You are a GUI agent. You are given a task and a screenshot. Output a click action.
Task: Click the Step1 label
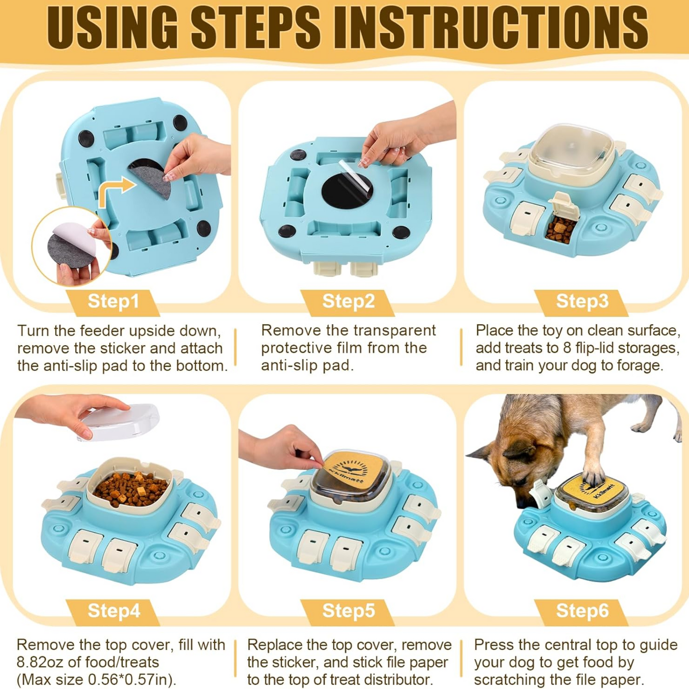coord(113,301)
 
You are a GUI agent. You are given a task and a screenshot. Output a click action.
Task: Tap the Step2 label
coord(348,301)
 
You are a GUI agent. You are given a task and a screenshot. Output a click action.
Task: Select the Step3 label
coord(582,301)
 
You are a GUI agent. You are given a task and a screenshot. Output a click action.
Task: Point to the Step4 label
coord(113,611)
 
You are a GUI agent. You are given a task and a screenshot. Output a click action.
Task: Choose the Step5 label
coord(348,611)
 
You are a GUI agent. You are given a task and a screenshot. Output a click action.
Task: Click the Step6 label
coord(582,611)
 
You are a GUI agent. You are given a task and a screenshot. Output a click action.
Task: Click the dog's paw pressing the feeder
coord(595,477)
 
